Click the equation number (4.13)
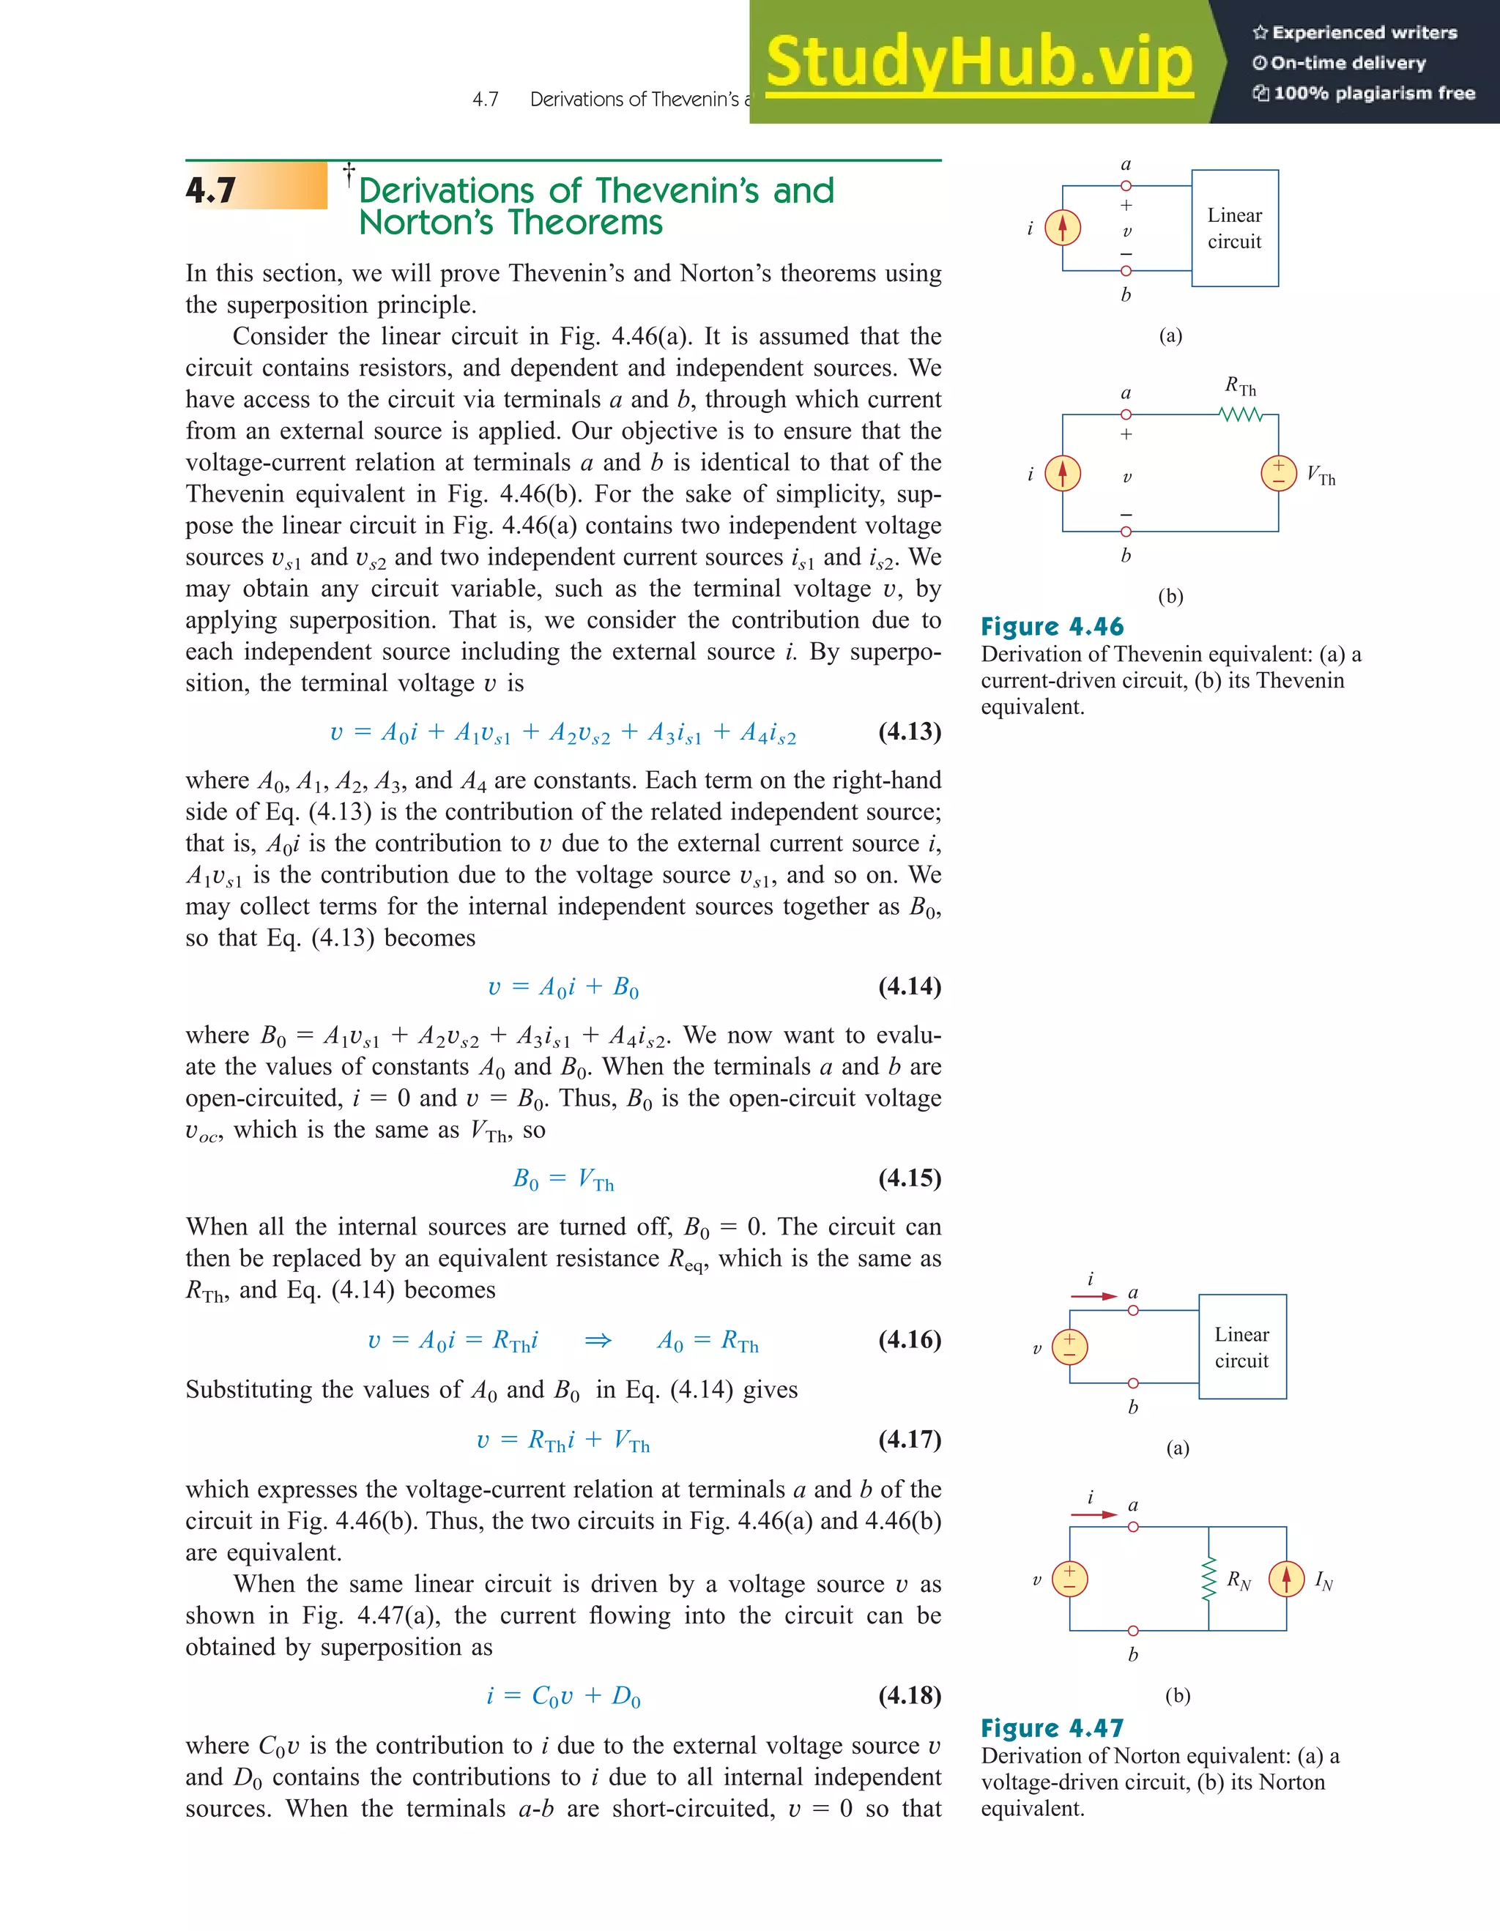(x=909, y=732)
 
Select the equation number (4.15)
(x=909, y=1177)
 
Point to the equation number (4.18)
(x=909, y=1695)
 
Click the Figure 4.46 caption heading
(x=1052, y=627)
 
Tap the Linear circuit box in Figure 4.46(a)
(x=1235, y=228)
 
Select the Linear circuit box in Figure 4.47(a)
(x=1241, y=1347)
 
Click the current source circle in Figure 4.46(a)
(x=1062, y=228)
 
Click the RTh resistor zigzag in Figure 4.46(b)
(x=1241, y=414)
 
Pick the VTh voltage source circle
(x=1278, y=473)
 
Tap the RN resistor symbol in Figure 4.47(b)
(x=1209, y=1579)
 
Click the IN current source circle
(x=1286, y=1579)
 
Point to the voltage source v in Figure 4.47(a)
(x=1069, y=1347)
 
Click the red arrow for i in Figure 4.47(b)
(x=1094, y=1514)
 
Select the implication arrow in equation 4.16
(x=598, y=1340)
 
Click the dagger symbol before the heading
(x=349, y=171)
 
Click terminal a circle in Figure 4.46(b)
(x=1126, y=414)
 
